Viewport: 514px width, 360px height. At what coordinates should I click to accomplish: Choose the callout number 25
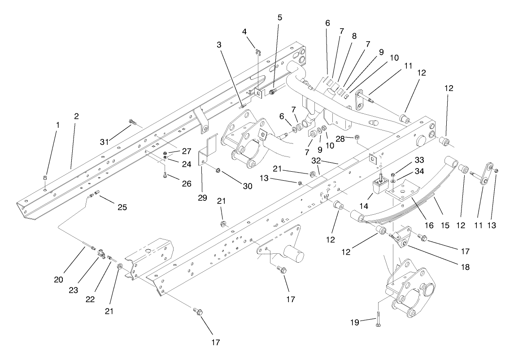pyautogui.click(x=122, y=207)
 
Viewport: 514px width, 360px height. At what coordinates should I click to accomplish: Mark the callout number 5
pyautogui.click(x=279, y=18)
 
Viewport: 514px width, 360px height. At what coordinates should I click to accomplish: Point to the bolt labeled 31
pyautogui.click(x=131, y=121)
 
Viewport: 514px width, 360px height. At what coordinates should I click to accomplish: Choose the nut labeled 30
pyautogui.click(x=218, y=170)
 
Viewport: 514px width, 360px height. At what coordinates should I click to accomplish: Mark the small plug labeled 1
pyautogui.click(x=45, y=180)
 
